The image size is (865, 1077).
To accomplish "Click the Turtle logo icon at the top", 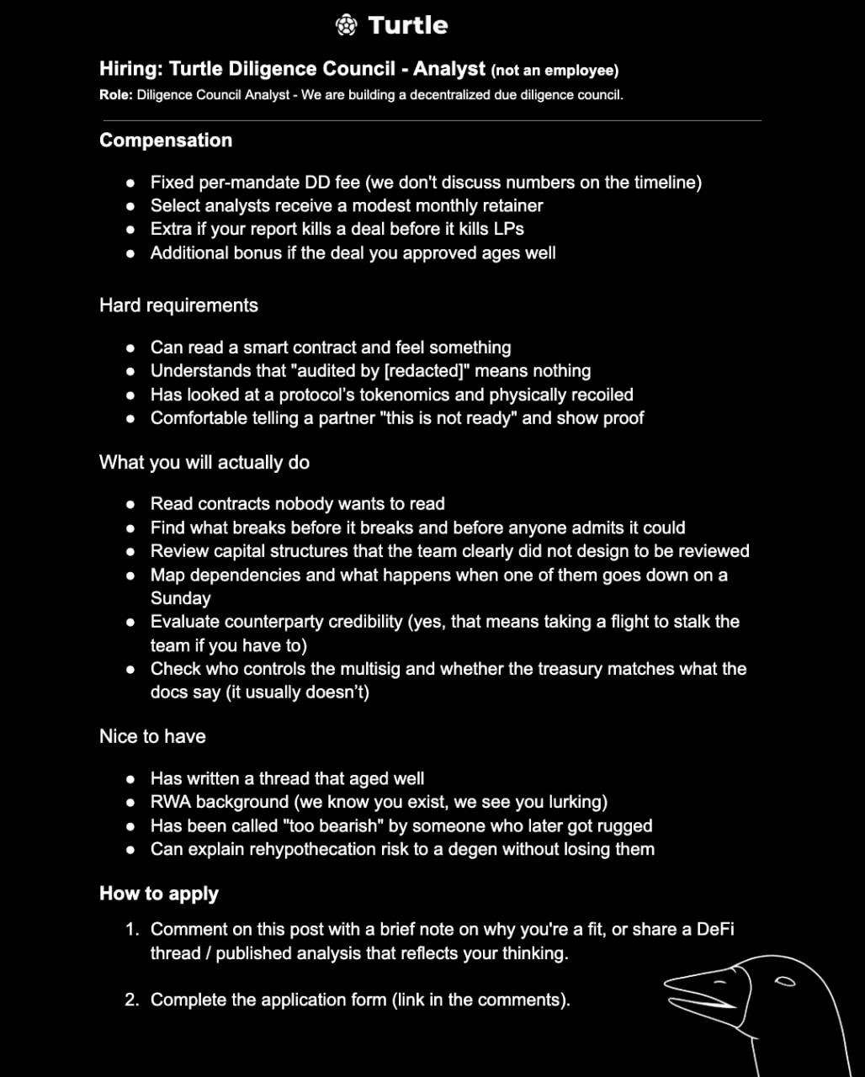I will [x=346, y=25].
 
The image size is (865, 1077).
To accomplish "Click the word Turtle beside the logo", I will [x=408, y=25].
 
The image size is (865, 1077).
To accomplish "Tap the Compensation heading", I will [x=166, y=141].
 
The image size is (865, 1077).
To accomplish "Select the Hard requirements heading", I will [x=178, y=305].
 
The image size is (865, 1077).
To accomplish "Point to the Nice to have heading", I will [x=152, y=736].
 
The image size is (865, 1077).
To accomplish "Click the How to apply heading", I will [x=159, y=894].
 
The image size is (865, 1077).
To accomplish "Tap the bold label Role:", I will [x=115, y=94].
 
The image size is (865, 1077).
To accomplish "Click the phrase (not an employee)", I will [x=555, y=70].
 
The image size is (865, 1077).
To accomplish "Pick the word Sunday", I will [x=180, y=598].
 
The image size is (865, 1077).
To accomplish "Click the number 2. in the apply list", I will [x=132, y=1000].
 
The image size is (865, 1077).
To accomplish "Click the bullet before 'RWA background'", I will [x=130, y=802].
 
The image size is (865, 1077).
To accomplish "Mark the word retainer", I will [x=509, y=205].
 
